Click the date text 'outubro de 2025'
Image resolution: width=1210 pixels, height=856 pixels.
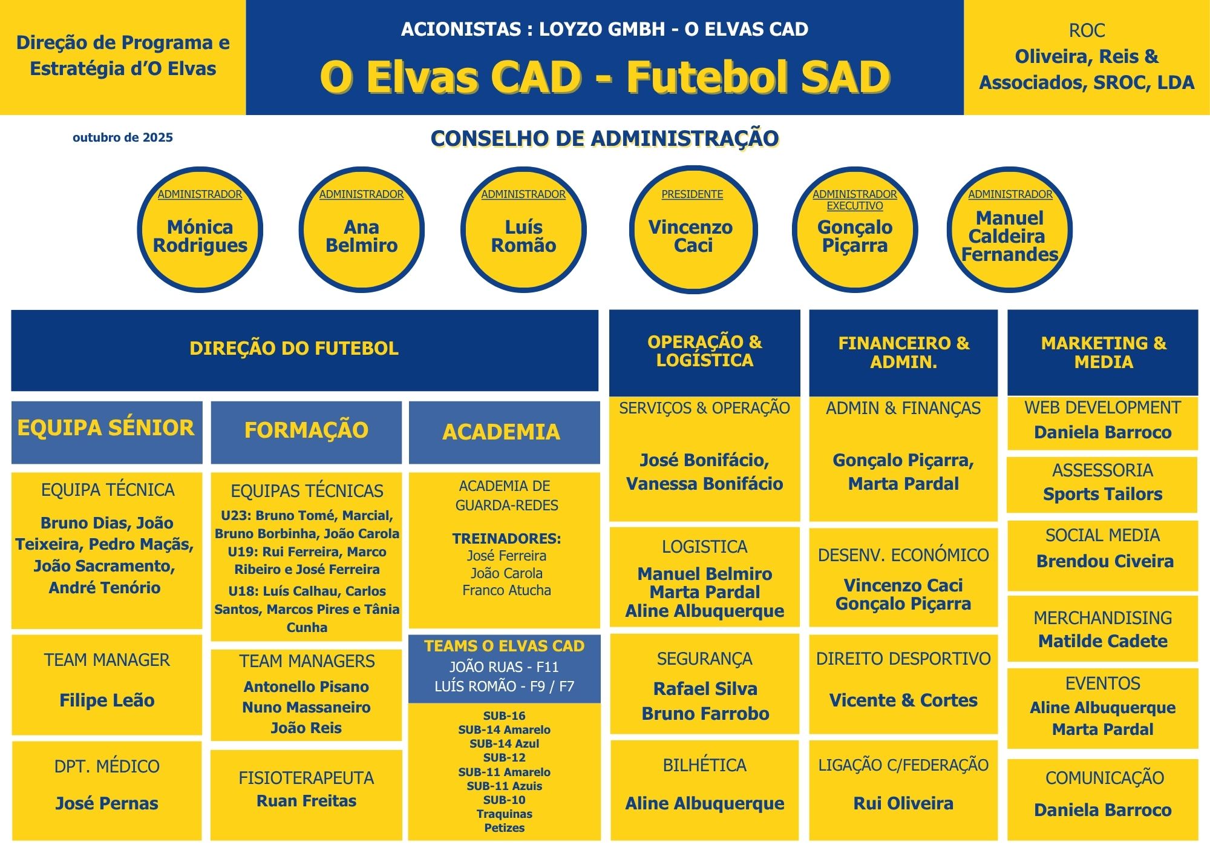(x=123, y=137)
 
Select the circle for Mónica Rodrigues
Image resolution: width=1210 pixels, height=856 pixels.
(x=200, y=230)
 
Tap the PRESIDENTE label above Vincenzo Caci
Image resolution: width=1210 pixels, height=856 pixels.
(x=692, y=194)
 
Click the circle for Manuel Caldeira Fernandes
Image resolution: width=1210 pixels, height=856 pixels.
(x=1010, y=230)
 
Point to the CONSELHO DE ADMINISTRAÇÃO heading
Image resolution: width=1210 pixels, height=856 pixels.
(x=604, y=139)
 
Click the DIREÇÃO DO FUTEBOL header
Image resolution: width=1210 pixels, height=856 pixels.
(x=294, y=349)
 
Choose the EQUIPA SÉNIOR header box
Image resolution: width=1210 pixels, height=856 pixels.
(x=106, y=429)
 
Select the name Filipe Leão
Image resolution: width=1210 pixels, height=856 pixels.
(x=107, y=700)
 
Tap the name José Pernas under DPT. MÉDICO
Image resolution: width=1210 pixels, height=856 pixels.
(x=107, y=803)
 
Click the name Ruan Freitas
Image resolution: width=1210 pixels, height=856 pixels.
(x=306, y=801)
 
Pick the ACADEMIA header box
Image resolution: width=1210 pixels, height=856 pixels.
(x=502, y=432)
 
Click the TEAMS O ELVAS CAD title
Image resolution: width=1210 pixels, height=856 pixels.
(x=504, y=647)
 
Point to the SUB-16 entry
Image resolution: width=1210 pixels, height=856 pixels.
(x=504, y=716)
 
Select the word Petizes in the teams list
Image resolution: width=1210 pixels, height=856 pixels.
(x=504, y=828)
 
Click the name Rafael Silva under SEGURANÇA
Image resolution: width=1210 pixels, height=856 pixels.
(x=705, y=689)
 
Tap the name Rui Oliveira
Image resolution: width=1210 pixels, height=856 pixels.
(x=903, y=803)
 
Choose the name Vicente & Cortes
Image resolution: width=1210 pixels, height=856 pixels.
(x=903, y=700)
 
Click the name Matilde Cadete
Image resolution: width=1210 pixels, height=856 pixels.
(x=1103, y=641)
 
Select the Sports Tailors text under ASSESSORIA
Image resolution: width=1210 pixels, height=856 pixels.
(x=1103, y=494)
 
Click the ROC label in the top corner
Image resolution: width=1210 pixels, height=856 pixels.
(x=1087, y=30)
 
